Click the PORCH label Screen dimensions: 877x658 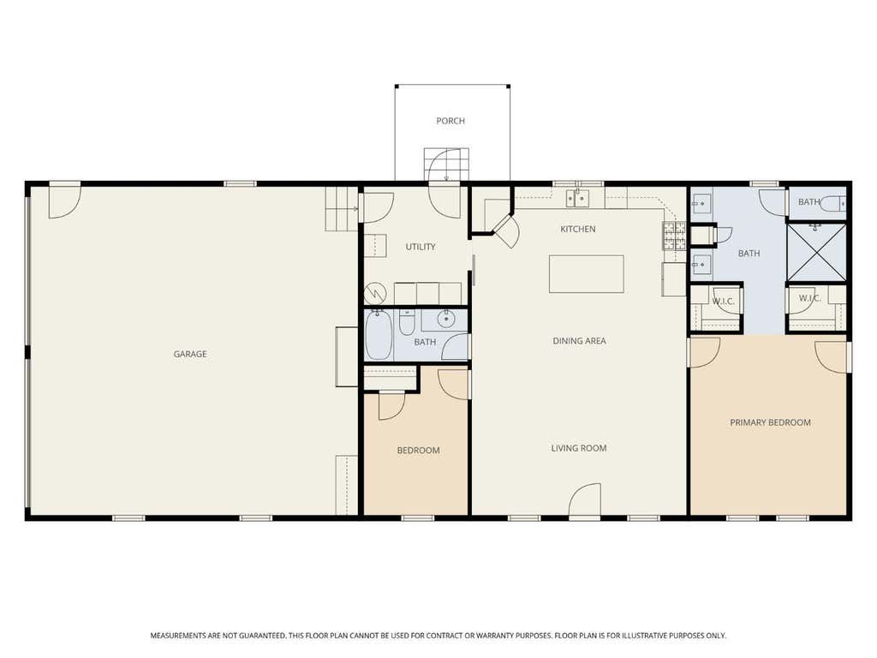point(450,121)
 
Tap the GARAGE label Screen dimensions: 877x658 point(190,354)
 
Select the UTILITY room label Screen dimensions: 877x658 point(421,247)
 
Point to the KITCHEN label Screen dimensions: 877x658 point(578,229)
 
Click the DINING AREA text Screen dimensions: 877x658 point(580,341)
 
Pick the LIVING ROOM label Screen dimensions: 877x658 point(579,448)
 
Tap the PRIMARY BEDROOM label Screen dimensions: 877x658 point(770,422)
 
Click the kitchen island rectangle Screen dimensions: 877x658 point(586,274)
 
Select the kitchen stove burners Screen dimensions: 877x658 point(675,236)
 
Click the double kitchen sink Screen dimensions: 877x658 point(577,198)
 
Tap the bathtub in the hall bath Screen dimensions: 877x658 point(379,335)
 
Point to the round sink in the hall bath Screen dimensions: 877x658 point(446,320)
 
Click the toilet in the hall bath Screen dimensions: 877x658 point(407,322)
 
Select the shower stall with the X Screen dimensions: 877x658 point(816,252)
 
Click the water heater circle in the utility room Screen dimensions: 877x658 point(375,293)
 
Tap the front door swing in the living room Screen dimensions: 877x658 point(585,499)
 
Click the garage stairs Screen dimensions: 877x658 point(342,208)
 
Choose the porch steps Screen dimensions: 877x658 point(446,164)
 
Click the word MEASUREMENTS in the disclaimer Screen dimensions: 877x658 point(177,636)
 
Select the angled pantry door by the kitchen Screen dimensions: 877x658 point(507,230)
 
